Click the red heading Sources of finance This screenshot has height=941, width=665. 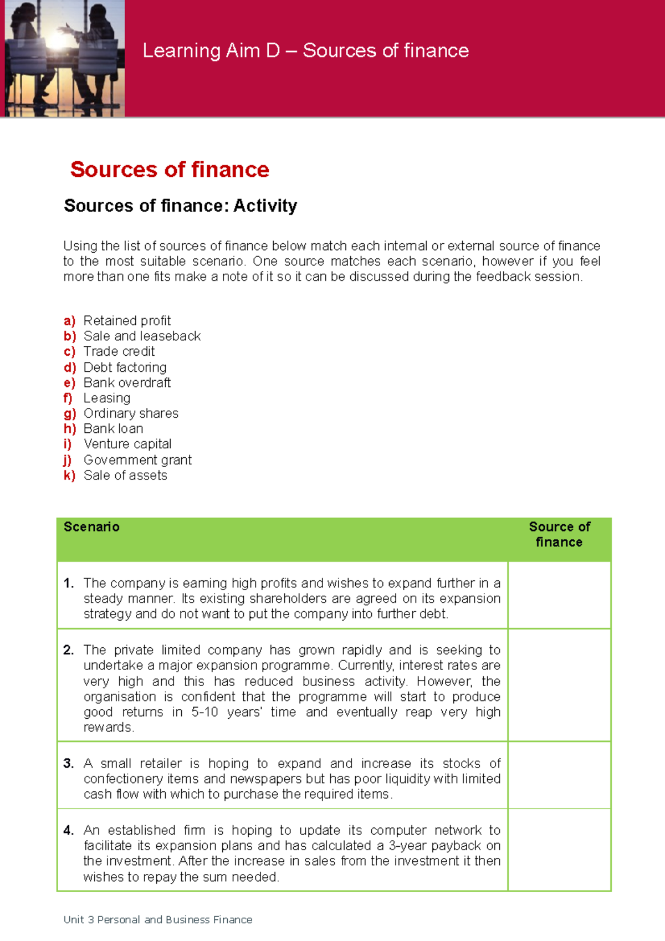[x=170, y=170]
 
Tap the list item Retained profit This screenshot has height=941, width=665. [x=127, y=321]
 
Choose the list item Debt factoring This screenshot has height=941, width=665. [x=125, y=367]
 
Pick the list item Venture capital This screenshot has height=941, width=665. [x=127, y=444]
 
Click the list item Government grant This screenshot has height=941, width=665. [x=137, y=460]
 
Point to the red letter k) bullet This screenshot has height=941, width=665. [x=69, y=475]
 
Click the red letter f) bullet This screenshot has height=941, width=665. [x=68, y=398]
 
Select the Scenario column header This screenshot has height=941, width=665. [x=91, y=527]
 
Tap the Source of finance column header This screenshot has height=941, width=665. [x=559, y=535]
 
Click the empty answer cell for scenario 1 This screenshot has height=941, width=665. [x=559, y=595]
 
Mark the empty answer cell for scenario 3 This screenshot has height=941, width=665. [x=559, y=775]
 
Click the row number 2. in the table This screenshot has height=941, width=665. [x=69, y=650]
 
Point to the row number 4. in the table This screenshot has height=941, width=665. [x=69, y=830]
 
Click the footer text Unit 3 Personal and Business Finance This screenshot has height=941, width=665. [x=158, y=920]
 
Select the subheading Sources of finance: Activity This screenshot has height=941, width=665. [x=181, y=206]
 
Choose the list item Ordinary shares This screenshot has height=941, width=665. [x=131, y=413]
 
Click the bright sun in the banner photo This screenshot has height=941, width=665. [x=57, y=40]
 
